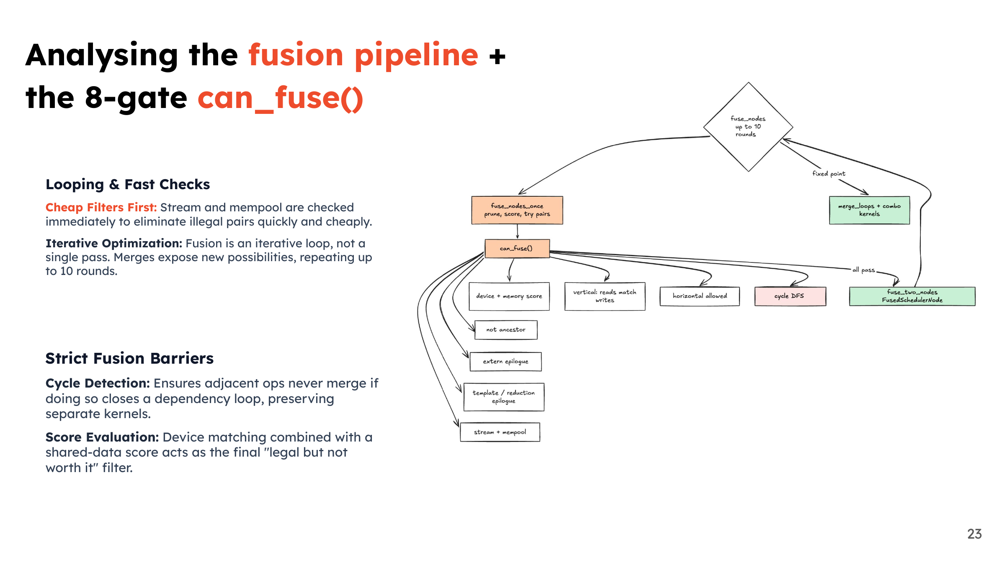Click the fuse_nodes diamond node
pyautogui.click(x=748, y=127)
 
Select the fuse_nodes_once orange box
pyautogui.click(x=517, y=210)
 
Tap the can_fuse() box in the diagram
pyautogui.click(x=517, y=249)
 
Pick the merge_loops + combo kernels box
pyautogui.click(x=869, y=210)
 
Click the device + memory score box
pyautogui.click(x=509, y=296)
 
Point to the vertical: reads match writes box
pyautogui.click(x=605, y=296)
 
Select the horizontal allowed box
pyautogui.click(x=700, y=296)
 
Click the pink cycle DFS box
pyautogui.click(x=790, y=296)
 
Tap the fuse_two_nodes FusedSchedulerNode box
pyautogui.click(x=912, y=296)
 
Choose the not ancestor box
pyautogui.click(x=506, y=330)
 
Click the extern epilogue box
pyautogui.click(x=506, y=362)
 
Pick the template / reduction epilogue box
pyautogui.click(x=504, y=397)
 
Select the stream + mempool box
pyautogui.click(x=500, y=432)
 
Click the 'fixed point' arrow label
pyautogui.click(x=829, y=174)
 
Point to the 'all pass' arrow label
pyautogui.click(x=863, y=270)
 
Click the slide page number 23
pyautogui.click(x=974, y=534)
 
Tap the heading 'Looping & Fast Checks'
pyautogui.click(x=128, y=185)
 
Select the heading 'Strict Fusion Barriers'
pyautogui.click(x=129, y=359)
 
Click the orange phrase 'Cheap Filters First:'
pyautogui.click(x=101, y=208)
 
